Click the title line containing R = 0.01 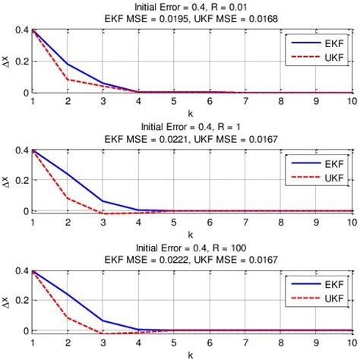coord(191,7)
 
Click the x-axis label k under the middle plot coord(191,232)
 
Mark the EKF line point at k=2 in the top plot coord(68,64)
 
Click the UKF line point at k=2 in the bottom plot coord(68,317)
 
